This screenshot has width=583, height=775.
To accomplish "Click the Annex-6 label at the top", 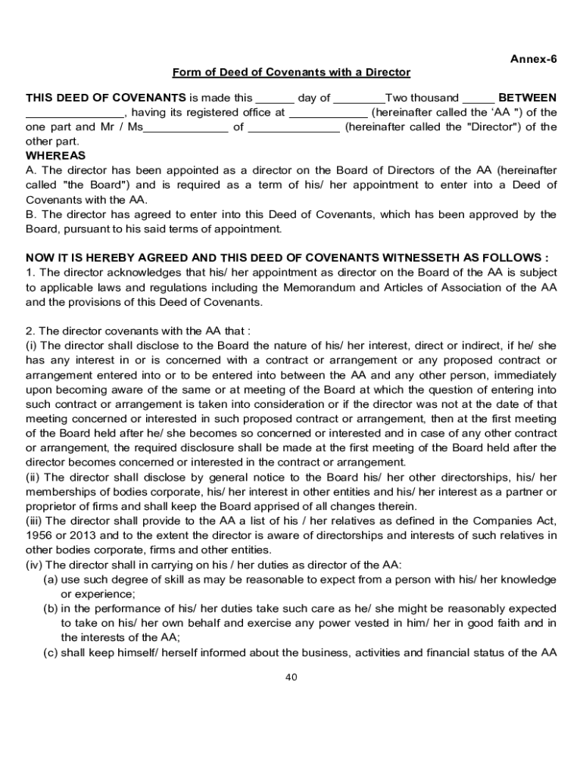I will click(533, 58).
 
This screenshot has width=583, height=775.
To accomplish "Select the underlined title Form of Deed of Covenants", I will click(291, 73).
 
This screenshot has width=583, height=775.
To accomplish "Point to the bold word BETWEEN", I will click(527, 98).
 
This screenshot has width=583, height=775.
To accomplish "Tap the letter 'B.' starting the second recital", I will click(31, 214).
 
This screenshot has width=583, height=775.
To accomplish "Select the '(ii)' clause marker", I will click(34, 477).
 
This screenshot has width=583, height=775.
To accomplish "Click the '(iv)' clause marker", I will click(35, 564).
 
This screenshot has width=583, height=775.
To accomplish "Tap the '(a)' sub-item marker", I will click(51, 579).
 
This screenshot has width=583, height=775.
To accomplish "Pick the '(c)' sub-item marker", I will click(51, 652).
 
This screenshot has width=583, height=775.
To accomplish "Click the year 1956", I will click(39, 535).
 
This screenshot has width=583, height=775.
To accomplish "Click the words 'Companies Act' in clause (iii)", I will click(508, 521).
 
